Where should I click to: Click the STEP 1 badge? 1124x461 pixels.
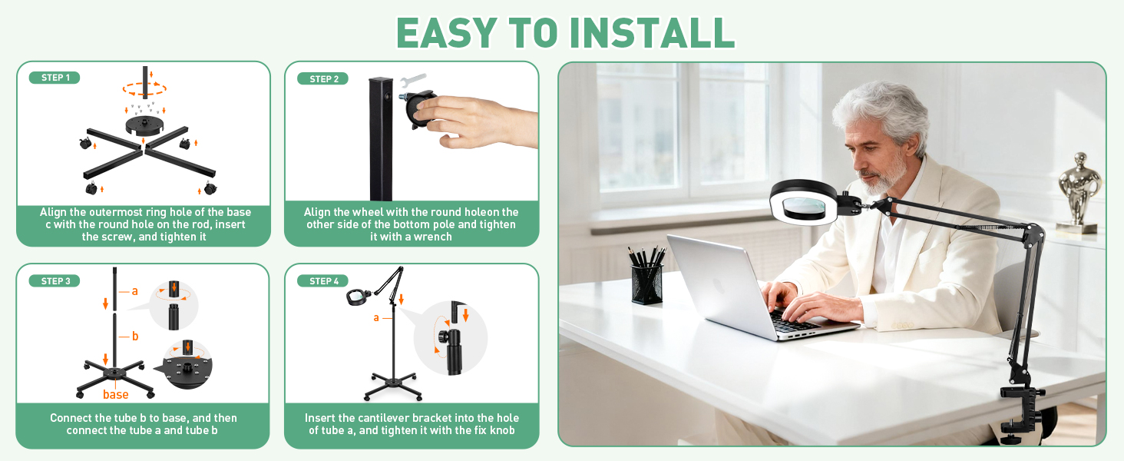tap(55, 78)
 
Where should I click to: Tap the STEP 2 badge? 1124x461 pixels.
tap(322, 78)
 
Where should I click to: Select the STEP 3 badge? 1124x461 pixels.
tap(55, 281)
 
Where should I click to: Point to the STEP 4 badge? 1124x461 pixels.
tap(322, 281)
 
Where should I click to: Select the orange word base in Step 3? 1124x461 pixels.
tap(115, 395)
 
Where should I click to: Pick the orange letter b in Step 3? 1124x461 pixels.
tap(135, 336)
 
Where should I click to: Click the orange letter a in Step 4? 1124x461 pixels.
tap(376, 317)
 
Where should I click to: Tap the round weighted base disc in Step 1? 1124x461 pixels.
tap(146, 126)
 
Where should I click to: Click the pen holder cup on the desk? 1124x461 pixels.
tap(647, 283)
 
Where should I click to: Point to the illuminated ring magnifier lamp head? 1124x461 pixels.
tap(803, 204)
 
